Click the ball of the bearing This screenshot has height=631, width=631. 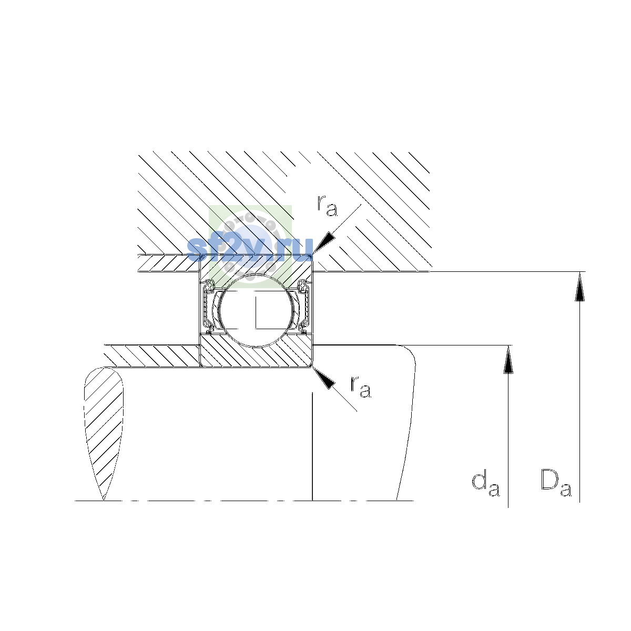point(257,310)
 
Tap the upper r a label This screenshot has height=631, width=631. point(327,206)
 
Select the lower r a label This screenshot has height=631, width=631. point(361,388)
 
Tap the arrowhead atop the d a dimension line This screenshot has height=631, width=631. point(508,360)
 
